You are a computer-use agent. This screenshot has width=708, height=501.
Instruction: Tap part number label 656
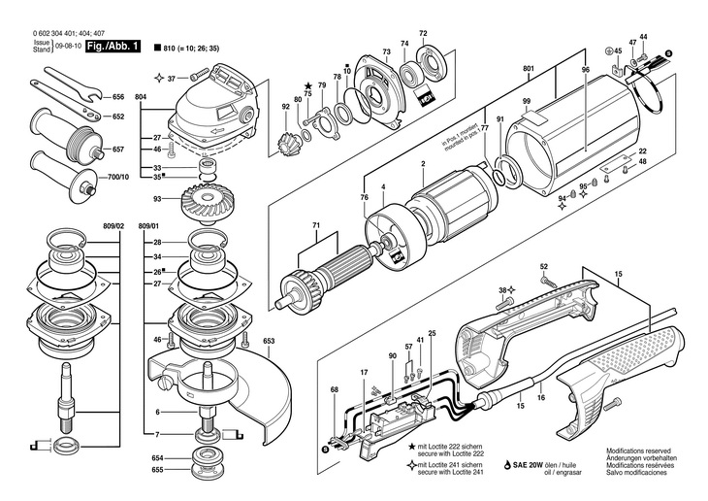[119, 98]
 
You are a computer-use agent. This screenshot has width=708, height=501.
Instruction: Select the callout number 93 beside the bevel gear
[157, 201]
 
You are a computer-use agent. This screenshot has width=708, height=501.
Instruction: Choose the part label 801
[528, 68]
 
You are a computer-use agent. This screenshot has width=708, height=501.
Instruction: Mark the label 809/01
[150, 226]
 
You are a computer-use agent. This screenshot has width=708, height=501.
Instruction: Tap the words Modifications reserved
[638, 451]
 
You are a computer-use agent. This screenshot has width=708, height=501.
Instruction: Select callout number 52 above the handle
[544, 266]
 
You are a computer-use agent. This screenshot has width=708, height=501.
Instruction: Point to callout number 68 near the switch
[335, 390]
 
